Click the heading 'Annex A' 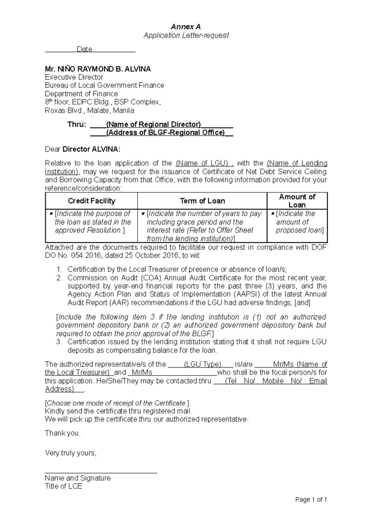coord(186,27)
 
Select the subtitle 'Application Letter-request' coord(186,35)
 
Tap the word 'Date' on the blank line coord(84,49)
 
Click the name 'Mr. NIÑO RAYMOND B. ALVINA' coord(98,69)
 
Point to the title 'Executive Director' coord(74,77)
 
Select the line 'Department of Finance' coord(81,94)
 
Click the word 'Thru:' coord(77,125)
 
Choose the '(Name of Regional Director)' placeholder coord(153,125)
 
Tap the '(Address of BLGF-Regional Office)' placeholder coord(165,133)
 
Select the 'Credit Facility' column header coord(91,201)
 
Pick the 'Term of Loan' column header coord(202,201)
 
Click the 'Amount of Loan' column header coord(297,201)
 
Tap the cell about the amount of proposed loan coord(298,222)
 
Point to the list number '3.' coord(60,342)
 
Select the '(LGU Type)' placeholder coord(202,364)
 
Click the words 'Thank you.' coord(63,433)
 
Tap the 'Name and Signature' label coord(78,478)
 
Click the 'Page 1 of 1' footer coord(311,500)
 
